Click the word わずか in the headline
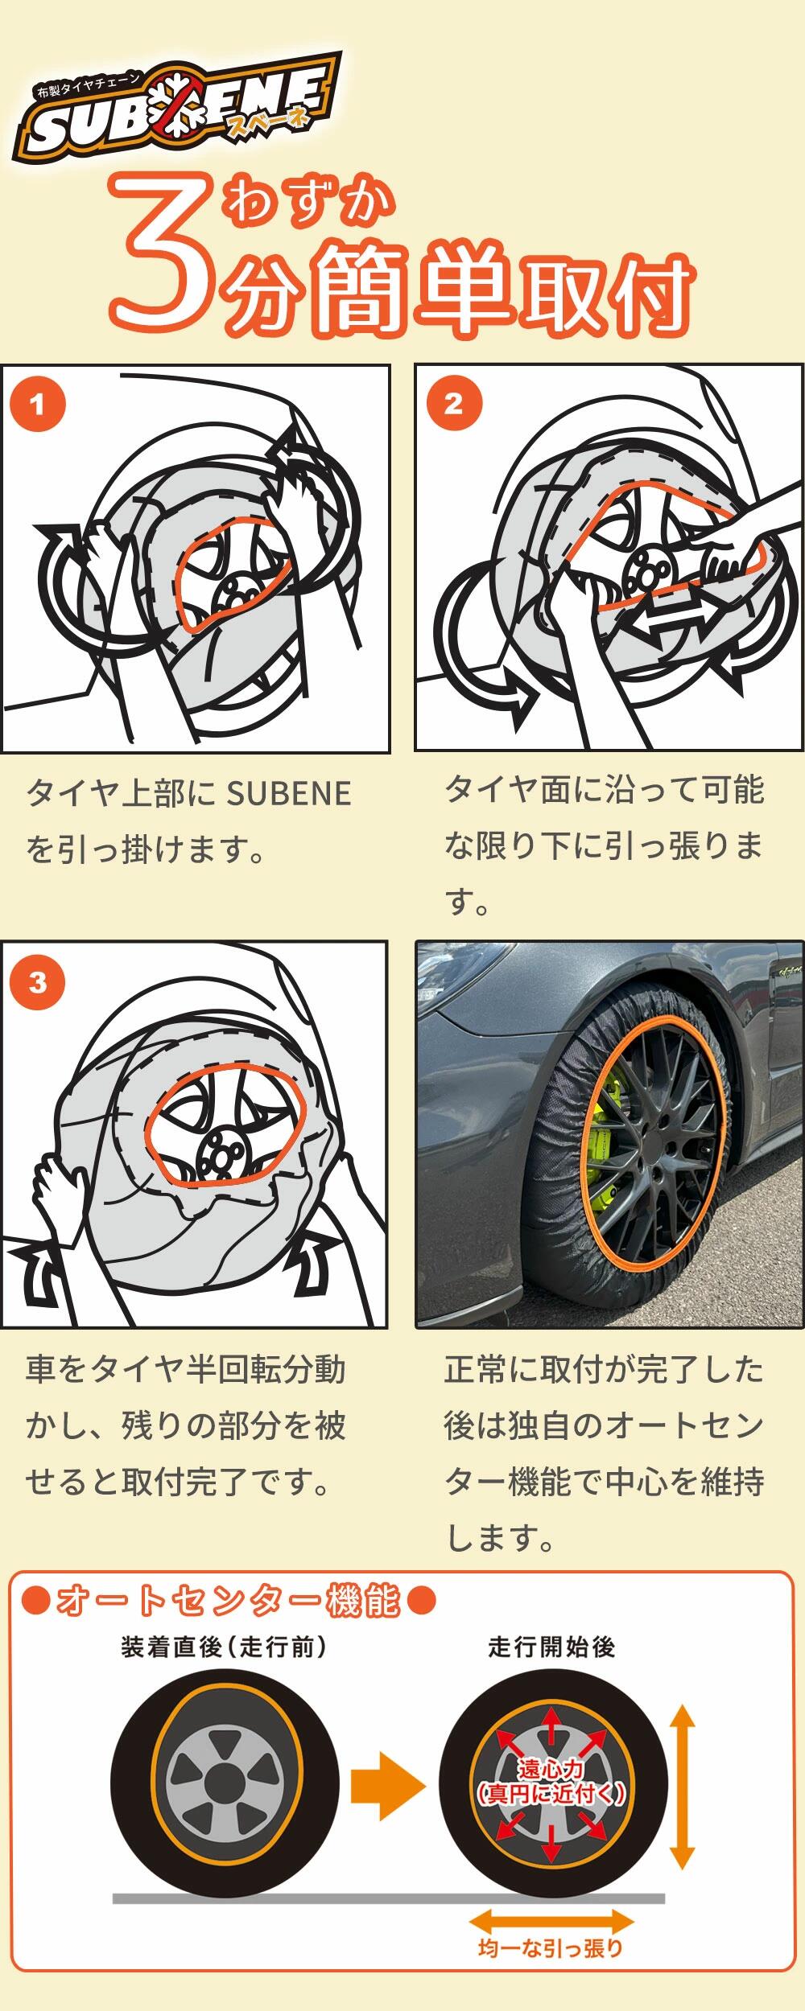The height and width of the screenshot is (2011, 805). (x=310, y=201)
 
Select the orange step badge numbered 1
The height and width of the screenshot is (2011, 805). (x=37, y=405)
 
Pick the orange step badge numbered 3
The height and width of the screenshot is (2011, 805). (x=37, y=982)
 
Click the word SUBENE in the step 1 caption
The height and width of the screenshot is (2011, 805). (x=289, y=794)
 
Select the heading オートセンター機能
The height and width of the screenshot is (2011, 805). (x=229, y=1618)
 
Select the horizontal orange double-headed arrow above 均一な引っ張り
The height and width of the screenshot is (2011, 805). (x=551, y=1923)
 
